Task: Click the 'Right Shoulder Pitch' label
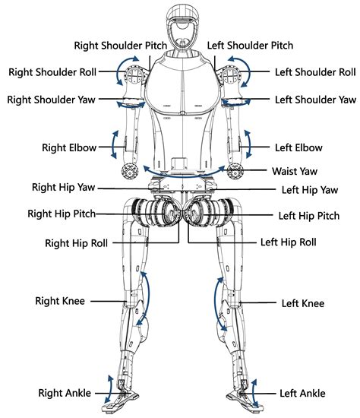point(120,45)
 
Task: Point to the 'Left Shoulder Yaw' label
point(314,100)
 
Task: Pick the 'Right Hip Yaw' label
point(64,186)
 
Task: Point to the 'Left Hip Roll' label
point(289,243)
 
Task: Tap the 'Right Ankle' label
point(65,393)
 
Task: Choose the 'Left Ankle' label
point(302,393)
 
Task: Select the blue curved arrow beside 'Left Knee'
point(219,302)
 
